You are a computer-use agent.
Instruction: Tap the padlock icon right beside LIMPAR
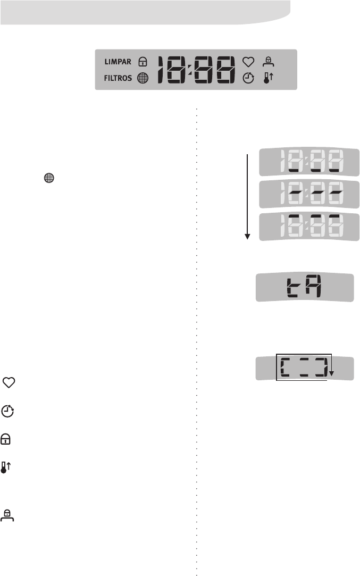point(142,61)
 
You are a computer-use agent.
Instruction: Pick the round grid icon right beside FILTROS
point(143,78)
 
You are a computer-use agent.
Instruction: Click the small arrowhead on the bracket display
point(331,374)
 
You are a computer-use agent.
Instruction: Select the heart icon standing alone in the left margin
point(9,382)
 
